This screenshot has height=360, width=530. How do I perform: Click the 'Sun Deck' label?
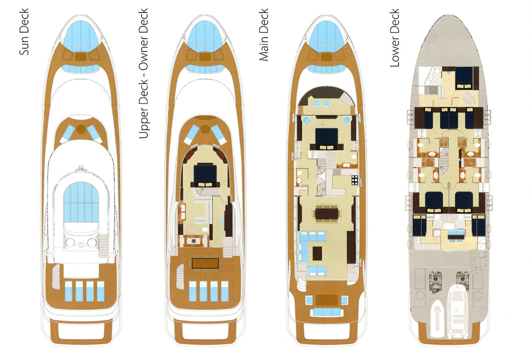(24, 31)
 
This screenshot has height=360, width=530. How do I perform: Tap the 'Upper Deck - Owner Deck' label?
(144, 73)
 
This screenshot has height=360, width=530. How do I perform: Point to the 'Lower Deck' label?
(395, 38)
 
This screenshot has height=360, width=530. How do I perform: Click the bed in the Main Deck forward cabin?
(326, 137)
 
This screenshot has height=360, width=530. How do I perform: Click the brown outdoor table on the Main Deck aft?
(319, 300)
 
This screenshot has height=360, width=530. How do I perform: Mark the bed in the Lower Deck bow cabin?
(466, 79)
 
